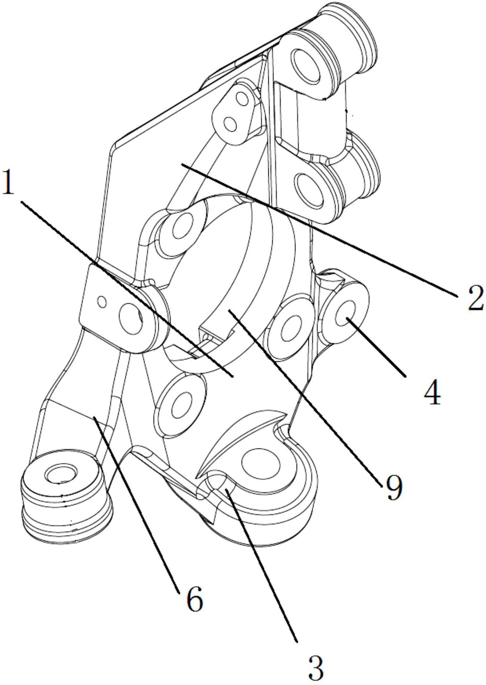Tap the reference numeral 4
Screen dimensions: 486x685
[x=432, y=392]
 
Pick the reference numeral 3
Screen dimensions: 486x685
[x=316, y=668]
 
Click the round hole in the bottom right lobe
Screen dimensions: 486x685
[x=259, y=463]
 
